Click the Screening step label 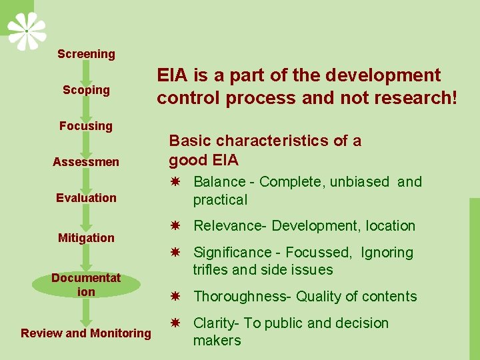tap(86, 54)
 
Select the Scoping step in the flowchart tap(86, 90)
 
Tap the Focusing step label tap(86, 126)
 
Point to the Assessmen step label tap(86, 162)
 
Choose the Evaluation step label tap(86, 198)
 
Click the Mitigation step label tap(86, 238)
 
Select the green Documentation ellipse tap(86, 285)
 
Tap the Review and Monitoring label tap(86, 333)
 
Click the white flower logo tap(27, 30)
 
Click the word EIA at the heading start tap(172, 75)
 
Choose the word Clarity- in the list tap(216, 323)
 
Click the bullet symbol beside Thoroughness tap(175, 297)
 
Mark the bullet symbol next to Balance tap(175, 182)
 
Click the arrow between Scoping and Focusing tap(86, 107)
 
